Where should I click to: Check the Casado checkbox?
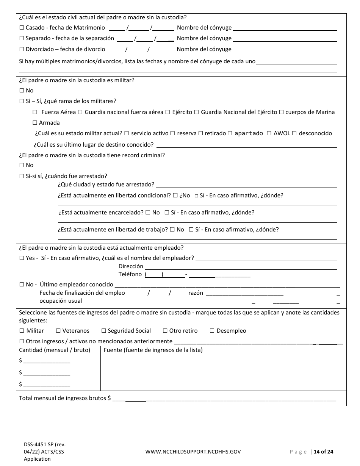22,28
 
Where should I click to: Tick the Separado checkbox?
22,38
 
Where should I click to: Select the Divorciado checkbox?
22,49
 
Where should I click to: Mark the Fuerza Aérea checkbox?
35,112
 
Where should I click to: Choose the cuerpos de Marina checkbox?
281,112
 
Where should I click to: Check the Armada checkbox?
35,123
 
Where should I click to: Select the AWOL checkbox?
269,133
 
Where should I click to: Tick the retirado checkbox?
201,133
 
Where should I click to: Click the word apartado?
249,133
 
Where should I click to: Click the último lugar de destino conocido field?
246,145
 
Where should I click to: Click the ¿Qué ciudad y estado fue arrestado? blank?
246,185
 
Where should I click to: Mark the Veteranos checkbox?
58,331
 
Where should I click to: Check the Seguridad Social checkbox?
104,331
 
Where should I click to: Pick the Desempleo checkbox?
212,331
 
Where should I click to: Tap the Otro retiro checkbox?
165,331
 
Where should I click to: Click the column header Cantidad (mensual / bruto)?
55,350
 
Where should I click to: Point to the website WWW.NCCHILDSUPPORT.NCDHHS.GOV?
193,452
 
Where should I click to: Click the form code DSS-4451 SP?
39,444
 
